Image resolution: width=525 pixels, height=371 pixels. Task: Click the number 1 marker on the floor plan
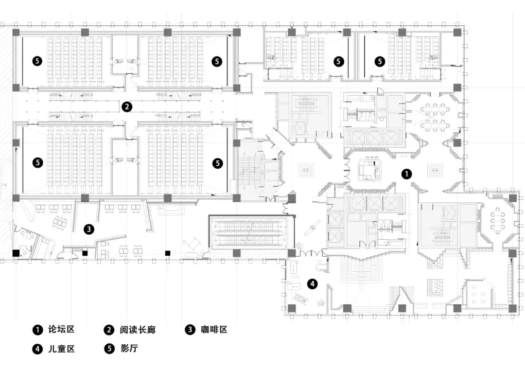pos(406,174)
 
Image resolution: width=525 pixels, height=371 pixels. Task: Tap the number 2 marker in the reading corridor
pos(126,107)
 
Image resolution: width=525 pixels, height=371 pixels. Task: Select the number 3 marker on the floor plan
pos(89,230)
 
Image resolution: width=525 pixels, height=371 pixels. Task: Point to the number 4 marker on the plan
pos(313,284)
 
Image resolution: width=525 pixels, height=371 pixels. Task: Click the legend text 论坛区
pos(61,330)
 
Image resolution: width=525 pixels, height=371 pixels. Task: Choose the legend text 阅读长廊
pos(138,330)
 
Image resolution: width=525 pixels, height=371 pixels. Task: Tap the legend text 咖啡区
pos(214,330)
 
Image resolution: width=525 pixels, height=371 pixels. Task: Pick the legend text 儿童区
pos(61,349)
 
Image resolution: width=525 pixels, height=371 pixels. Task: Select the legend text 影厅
pos(129,349)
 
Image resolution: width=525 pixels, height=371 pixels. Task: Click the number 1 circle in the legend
pos(37,330)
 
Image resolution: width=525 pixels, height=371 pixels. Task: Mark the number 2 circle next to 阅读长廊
pos(109,330)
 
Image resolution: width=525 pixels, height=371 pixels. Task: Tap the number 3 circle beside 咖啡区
pos(190,330)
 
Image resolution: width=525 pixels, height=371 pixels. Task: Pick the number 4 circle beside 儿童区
pos(37,349)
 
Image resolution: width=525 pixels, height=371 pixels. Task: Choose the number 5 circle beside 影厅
pos(109,349)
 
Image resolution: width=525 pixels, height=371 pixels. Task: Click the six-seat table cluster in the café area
pos(60,222)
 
